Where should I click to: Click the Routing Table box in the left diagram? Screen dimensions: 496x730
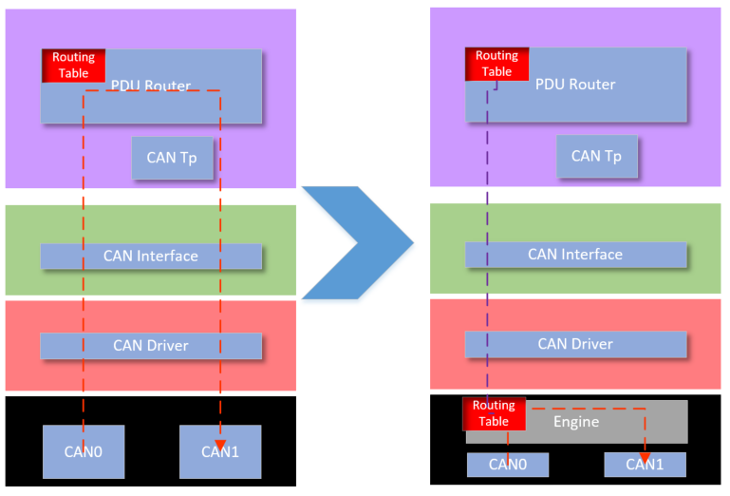73,66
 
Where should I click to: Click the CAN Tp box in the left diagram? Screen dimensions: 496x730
172,157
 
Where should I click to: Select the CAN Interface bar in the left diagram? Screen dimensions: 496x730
151,256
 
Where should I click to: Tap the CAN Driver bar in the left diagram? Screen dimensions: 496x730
151,345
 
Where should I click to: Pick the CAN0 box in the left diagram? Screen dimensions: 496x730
84,450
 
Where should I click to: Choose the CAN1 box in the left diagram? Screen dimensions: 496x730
220,450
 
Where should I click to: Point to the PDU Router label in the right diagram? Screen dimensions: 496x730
575,85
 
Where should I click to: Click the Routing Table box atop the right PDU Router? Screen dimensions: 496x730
496,64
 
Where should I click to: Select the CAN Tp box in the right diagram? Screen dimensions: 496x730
596,156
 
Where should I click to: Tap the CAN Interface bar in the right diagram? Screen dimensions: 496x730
575,255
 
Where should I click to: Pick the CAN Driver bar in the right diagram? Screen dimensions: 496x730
575,344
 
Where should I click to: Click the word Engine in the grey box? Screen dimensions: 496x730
576,421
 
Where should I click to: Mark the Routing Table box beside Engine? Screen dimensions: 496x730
494,413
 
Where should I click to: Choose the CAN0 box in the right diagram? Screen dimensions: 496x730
508,465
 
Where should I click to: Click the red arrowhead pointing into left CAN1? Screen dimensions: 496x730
220,448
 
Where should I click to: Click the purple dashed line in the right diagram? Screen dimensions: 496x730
488,238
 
